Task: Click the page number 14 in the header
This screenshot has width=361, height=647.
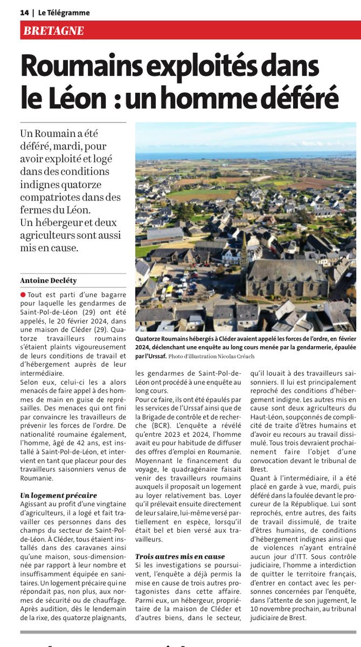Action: tap(24, 12)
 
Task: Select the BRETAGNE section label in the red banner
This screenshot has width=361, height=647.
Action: tap(54, 31)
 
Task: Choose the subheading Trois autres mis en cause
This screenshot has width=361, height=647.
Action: tap(180, 556)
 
